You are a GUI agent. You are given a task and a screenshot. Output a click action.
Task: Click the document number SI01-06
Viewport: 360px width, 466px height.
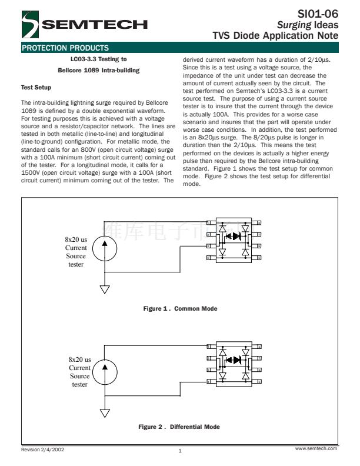point(319,14)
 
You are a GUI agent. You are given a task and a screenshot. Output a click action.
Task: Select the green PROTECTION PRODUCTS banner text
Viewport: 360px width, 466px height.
point(65,48)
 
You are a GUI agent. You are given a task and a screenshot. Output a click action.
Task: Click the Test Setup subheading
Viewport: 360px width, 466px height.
point(36,88)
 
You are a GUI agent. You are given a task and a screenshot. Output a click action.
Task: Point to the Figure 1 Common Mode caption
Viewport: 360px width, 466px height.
point(180,308)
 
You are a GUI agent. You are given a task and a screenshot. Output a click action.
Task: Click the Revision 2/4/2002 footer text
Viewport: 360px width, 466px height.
point(43,449)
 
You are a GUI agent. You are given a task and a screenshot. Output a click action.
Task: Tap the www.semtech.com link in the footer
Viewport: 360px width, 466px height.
point(317,448)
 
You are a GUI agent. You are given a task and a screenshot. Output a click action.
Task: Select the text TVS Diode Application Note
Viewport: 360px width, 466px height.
point(275,35)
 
